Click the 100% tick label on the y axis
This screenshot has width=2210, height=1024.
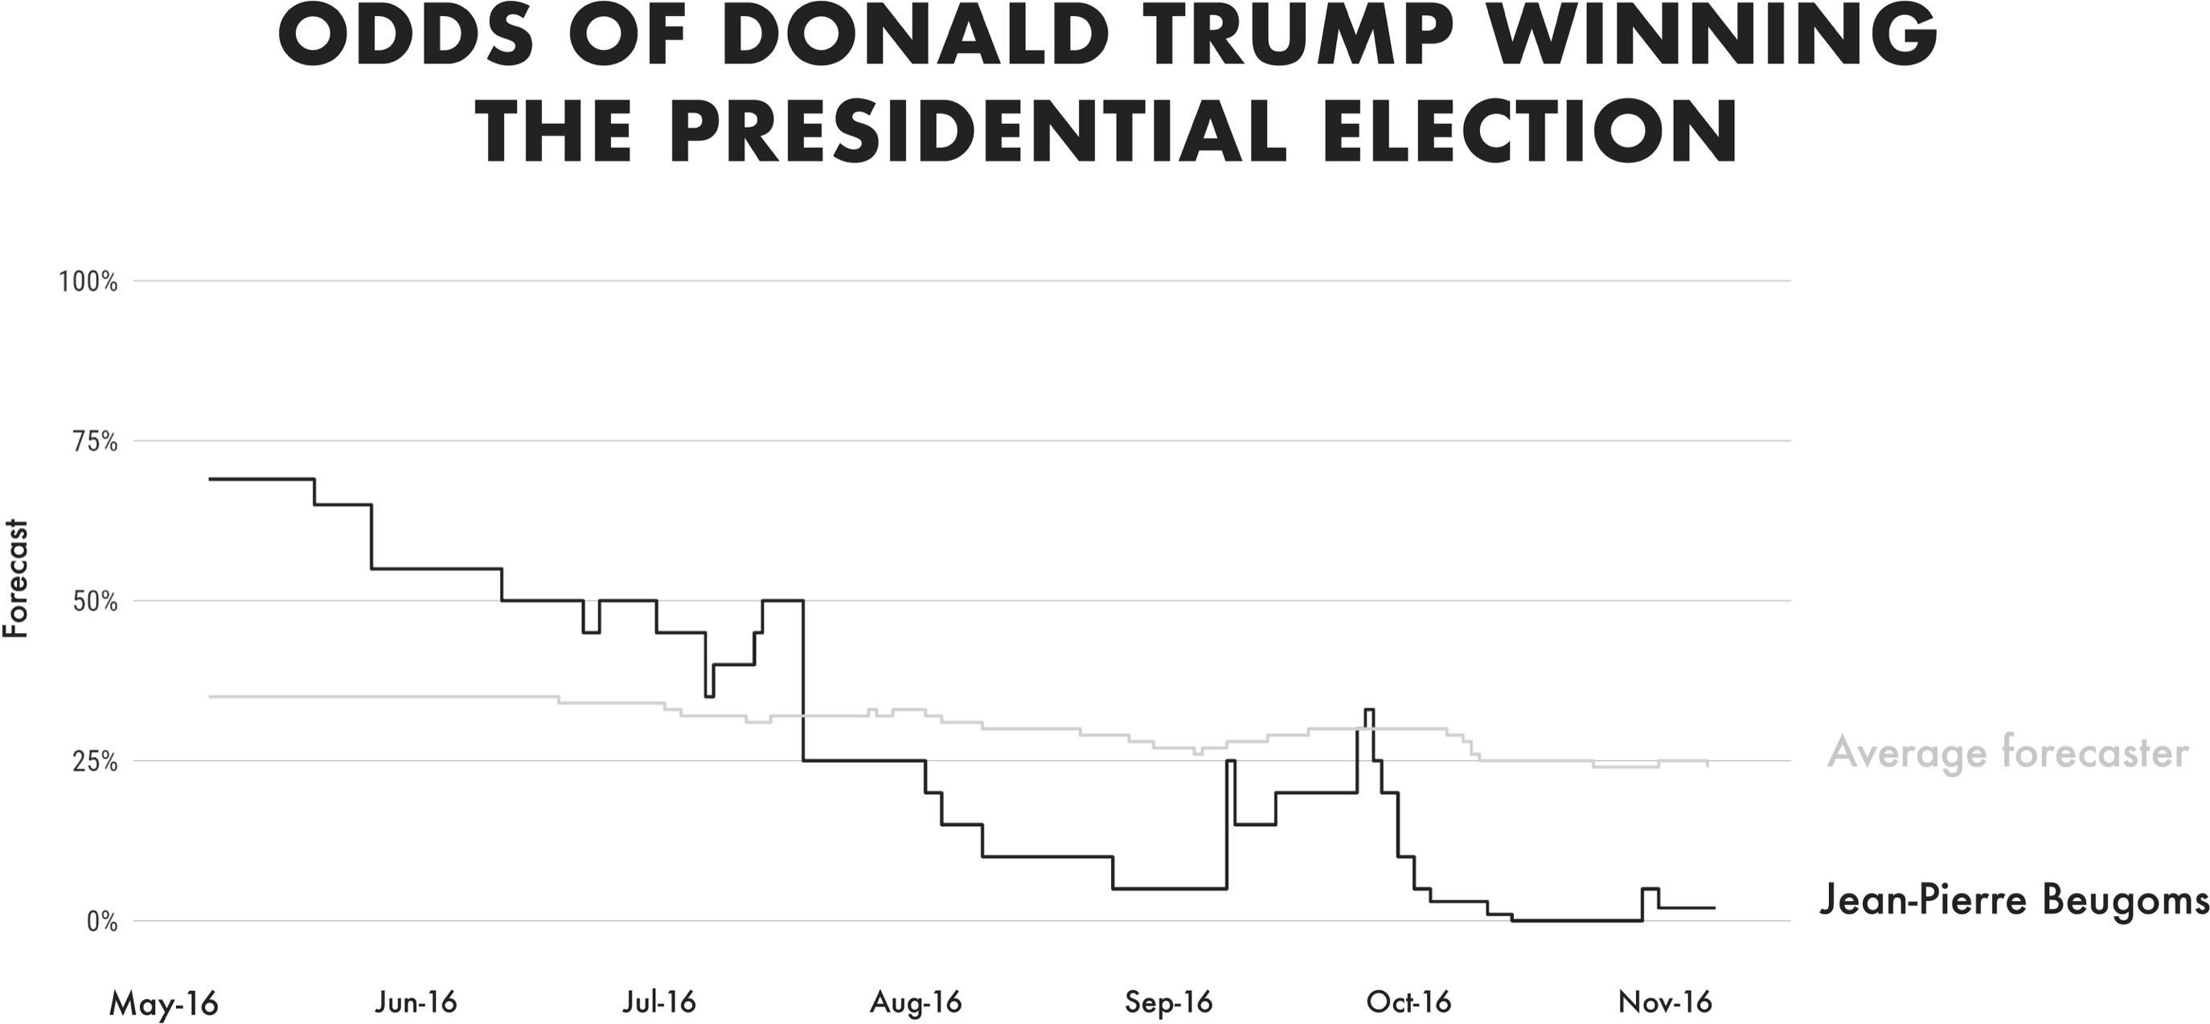(x=88, y=282)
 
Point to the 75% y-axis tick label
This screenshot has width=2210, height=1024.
(x=92, y=442)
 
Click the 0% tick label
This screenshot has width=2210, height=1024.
(x=101, y=923)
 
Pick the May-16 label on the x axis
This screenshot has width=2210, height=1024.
(x=164, y=1002)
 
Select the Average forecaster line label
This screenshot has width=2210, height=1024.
(x=2007, y=755)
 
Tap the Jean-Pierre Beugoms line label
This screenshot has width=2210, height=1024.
(x=2013, y=900)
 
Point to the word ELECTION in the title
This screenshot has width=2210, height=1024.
(x=1530, y=135)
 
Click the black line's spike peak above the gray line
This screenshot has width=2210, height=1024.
(x=1369, y=709)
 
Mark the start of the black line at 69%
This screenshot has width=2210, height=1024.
(x=211, y=479)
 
